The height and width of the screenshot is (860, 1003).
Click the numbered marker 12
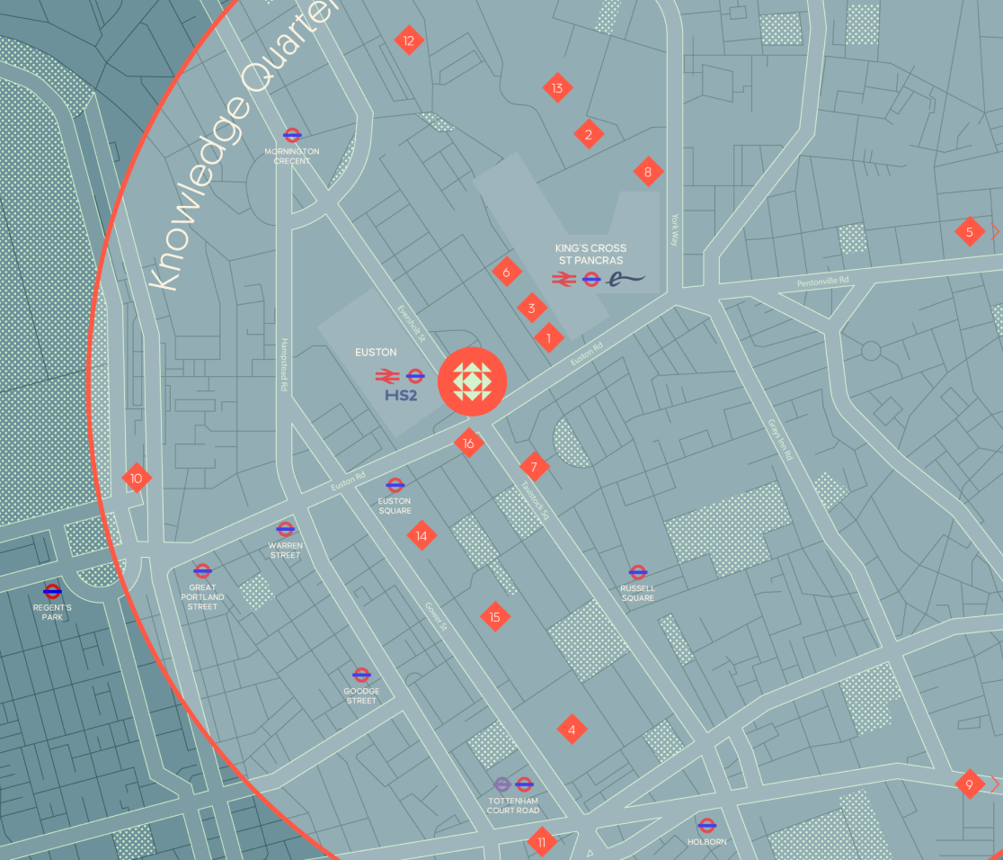(x=409, y=40)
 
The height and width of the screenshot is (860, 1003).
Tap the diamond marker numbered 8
(x=647, y=171)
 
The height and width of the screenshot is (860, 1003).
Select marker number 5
(x=969, y=232)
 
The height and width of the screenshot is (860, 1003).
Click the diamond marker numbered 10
(x=137, y=478)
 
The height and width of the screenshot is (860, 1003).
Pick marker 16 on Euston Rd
(x=468, y=443)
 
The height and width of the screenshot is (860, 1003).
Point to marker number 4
(x=572, y=729)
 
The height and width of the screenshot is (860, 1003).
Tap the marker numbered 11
(x=541, y=843)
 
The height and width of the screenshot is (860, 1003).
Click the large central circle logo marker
(x=473, y=381)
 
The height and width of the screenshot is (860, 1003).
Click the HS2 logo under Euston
(x=404, y=395)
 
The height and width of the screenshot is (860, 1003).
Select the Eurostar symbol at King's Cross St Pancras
(x=627, y=279)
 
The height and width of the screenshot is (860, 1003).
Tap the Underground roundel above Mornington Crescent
(x=292, y=135)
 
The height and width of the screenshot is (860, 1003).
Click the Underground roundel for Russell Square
(x=638, y=571)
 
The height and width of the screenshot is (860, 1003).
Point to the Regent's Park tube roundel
(x=52, y=591)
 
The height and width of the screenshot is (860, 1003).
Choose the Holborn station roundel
(x=706, y=824)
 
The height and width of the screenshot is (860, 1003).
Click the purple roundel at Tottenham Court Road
(x=502, y=784)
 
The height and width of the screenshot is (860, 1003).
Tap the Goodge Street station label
(x=361, y=696)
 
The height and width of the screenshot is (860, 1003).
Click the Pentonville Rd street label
(x=822, y=283)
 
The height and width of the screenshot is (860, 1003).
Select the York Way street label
(x=675, y=229)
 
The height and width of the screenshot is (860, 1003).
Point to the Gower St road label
(x=436, y=616)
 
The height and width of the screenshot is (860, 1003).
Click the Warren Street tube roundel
(x=286, y=529)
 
